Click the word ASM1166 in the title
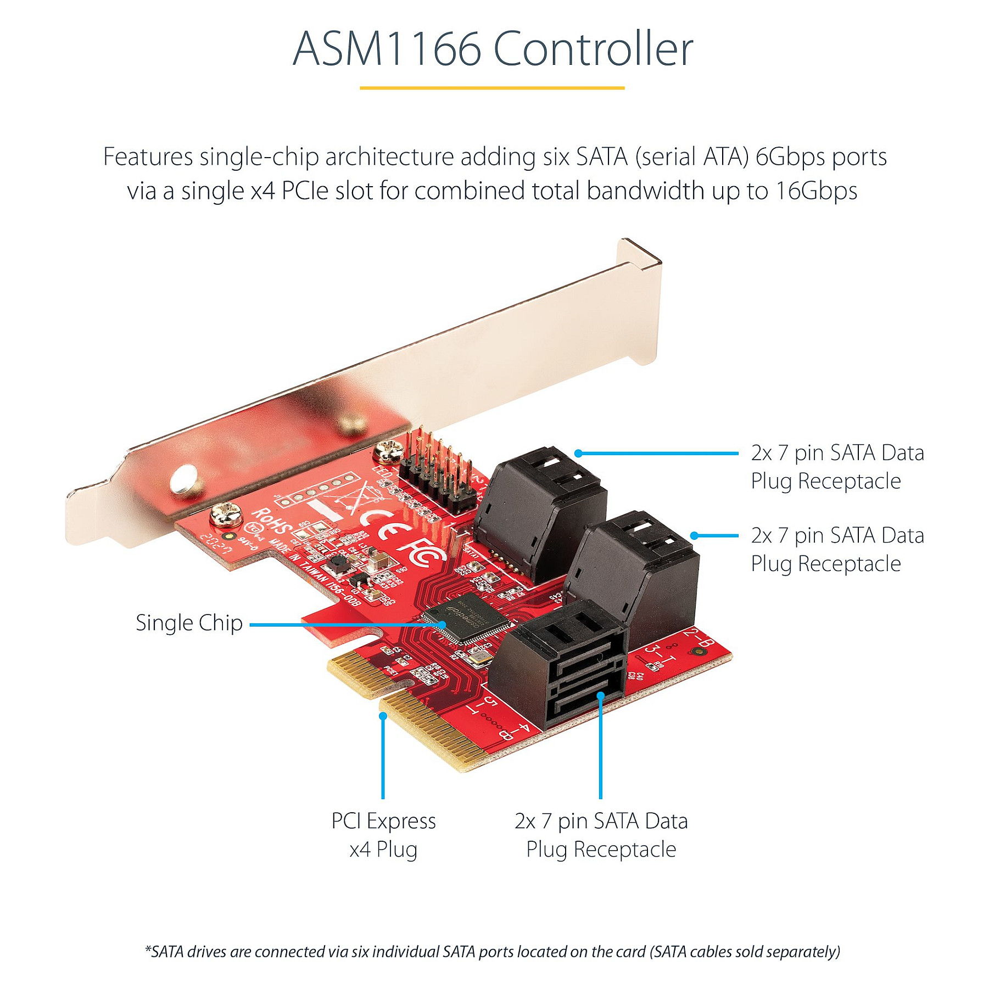[x=387, y=49]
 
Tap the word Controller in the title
[x=593, y=49]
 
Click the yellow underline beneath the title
[x=492, y=88]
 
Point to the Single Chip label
[x=189, y=623]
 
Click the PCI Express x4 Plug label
[x=383, y=835]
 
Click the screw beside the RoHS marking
[x=226, y=515]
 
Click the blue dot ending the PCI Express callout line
[x=383, y=716]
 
